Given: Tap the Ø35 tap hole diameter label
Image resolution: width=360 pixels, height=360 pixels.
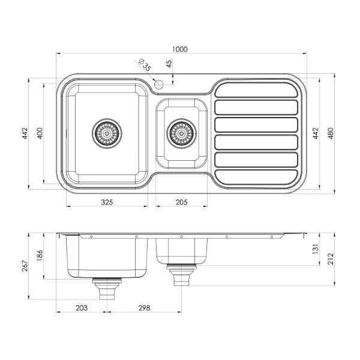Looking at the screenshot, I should coord(143,64).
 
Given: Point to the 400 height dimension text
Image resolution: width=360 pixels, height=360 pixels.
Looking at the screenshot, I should coord(39,133).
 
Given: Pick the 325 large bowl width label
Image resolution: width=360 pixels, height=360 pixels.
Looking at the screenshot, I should coord(106,202).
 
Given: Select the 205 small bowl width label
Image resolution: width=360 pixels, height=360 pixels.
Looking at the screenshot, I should coord(181,202).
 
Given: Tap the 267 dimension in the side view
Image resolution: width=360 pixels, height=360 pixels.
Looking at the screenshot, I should coord(24,265).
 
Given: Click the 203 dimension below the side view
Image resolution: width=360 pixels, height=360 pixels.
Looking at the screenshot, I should coord(82,308).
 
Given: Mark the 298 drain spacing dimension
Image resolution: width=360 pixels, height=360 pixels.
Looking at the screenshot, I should coord(143,308).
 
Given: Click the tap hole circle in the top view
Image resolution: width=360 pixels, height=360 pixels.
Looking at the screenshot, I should coord(158,85).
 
